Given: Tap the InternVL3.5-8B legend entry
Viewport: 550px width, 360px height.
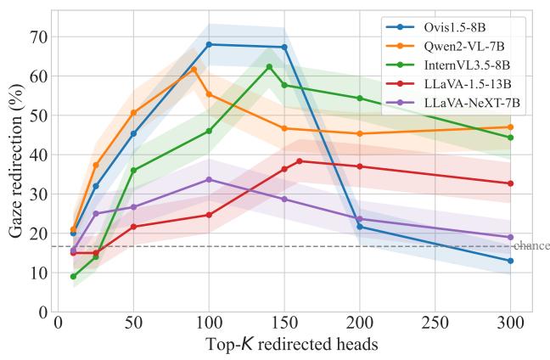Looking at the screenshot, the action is [x=448, y=65].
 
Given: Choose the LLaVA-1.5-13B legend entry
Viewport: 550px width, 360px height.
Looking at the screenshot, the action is [x=448, y=84].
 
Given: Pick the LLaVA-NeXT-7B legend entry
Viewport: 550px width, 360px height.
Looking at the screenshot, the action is [x=453, y=103].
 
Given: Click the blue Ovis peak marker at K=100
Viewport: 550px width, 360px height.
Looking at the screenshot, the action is [x=209, y=44].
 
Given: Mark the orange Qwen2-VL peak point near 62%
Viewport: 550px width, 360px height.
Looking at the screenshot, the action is [x=194, y=69].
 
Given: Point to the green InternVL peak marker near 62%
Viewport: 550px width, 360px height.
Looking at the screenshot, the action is [x=269, y=67].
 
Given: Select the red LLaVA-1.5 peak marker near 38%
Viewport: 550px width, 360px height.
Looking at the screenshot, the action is [x=300, y=161].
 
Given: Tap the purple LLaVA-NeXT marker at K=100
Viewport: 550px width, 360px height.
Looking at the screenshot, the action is [x=209, y=180].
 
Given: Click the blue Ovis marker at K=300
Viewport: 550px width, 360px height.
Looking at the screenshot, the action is [x=510, y=261].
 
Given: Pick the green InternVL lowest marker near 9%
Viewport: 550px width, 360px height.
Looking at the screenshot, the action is [x=73, y=277].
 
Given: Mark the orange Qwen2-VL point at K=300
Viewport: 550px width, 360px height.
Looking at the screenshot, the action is [x=510, y=127].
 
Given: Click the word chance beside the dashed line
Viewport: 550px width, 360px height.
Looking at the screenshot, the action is [x=532, y=245].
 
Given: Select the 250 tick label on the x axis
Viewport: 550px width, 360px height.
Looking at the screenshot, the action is [x=435, y=323].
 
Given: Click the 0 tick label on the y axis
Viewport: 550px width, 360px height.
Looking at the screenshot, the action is [x=42, y=312].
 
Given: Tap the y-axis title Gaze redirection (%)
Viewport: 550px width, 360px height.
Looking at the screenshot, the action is [x=16, y=161].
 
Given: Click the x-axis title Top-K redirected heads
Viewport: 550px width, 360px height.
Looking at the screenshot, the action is [x=292, y=344].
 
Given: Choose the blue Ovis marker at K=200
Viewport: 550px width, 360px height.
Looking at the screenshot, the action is [x=360, y=227].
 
